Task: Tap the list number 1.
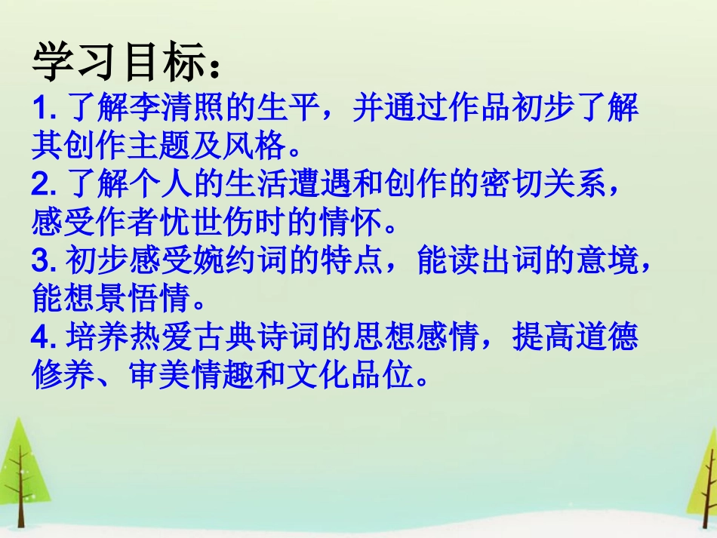click(41, 110)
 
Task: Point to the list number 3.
click(41, 261)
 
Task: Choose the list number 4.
click(41, 337)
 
